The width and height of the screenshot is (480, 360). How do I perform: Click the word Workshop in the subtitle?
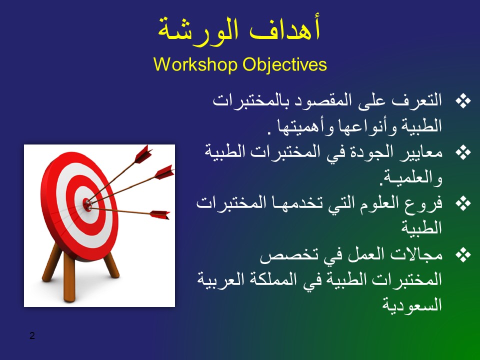tap(195, 64)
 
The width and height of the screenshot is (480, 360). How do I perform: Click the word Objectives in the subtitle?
tap(284, 65)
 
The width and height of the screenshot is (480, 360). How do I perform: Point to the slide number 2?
tap(32, 335)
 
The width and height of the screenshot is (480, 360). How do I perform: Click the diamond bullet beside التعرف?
tap(463, 101)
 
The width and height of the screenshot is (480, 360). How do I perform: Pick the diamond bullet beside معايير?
tap(463, 152)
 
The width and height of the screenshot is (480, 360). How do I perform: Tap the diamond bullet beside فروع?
tap(463, 204)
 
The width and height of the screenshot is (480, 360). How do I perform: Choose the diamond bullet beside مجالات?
tap(463, 255)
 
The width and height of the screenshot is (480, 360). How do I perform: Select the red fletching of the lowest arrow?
tap(159, 214)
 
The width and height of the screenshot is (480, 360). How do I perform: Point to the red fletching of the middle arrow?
tap(164, 172)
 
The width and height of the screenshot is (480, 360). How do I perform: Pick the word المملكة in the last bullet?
tap(273, 279)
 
